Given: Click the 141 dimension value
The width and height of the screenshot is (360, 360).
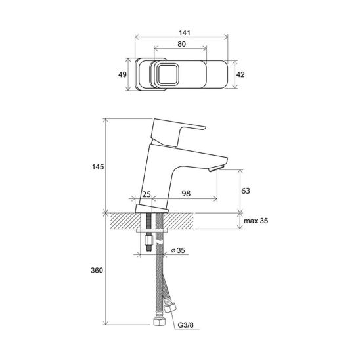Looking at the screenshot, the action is [185, 33].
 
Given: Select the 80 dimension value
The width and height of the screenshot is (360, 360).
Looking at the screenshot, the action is [181, 44].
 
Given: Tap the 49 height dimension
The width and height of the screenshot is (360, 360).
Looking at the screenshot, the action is [122, 74].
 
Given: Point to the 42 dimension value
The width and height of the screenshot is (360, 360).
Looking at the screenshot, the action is [240, 74].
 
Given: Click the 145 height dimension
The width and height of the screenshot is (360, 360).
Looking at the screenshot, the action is [98, 167].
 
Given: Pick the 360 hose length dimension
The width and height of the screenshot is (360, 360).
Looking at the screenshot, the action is [97, 270].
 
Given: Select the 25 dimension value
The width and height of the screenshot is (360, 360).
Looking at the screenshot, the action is [146, 194].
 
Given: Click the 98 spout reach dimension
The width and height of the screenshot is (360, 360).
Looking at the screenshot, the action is [186, 194].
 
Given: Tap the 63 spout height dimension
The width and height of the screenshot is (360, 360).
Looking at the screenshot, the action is [246, 191].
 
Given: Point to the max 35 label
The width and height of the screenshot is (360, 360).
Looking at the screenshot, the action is [256, 221].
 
